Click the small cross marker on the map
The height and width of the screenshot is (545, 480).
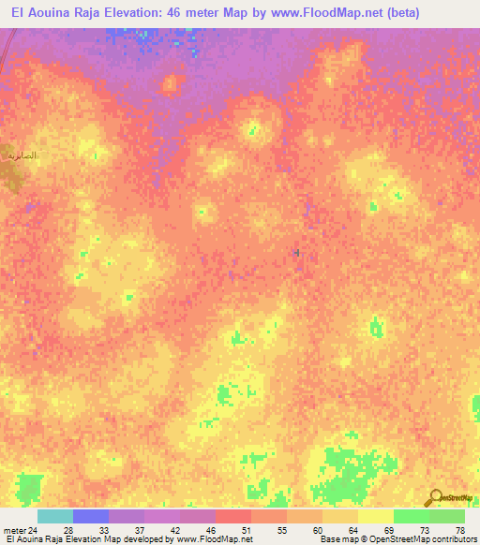coord(297,252)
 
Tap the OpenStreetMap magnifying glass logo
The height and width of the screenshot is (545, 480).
coord(435,497)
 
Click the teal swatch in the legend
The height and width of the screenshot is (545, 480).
coord(54,516)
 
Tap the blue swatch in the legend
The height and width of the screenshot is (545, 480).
coord(90,516)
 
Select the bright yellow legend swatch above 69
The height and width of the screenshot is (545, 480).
coord(375,516)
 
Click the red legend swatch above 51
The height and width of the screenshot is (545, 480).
coord(232,516)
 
